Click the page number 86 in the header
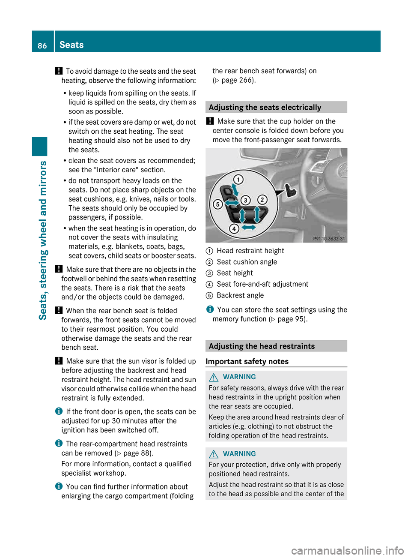click(x=42, y=45)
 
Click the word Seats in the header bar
click(x=71, y=45)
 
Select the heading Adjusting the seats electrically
click(x=265, y=107)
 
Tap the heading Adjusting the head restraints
click(x=262, y=346)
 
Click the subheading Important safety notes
click(x=247, y=361)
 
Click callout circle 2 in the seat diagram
click(x=262, y=200)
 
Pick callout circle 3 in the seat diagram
click(x=246, y=200)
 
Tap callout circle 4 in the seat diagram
click(x=234, y=228)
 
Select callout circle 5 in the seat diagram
click(x=217, y=204)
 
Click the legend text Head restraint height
click(x=250, y=251)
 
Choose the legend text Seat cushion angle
click(x=247, y=262)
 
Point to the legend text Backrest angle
click(x=240, y=295)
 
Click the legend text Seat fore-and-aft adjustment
click(x=262, y=284)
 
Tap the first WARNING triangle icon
click(x=214, y=377)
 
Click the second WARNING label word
click(x=239, y=453)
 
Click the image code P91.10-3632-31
click(x=329, y=239)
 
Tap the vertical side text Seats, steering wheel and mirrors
click(x=43, y=240)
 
